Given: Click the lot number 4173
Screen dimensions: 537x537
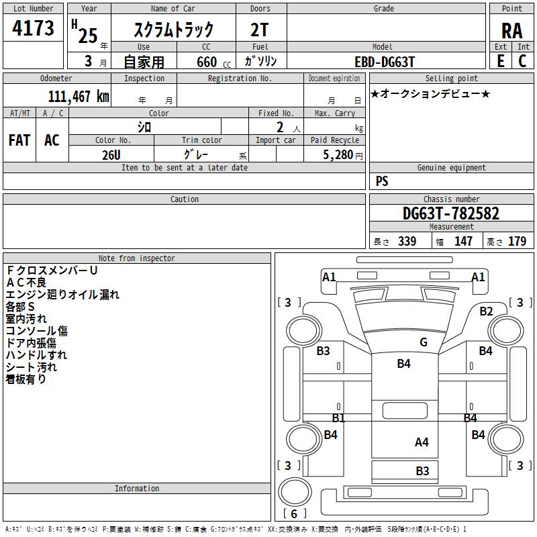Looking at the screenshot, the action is point(33,28).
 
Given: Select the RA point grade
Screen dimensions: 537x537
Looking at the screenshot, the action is point(512,31).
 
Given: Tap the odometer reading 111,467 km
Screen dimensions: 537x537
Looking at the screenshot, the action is point(79,96).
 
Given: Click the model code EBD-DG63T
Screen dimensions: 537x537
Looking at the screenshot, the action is point(385,62).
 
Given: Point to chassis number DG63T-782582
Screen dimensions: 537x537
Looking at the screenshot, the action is point(451,213).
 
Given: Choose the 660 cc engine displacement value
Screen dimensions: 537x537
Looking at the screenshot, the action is point(213,62).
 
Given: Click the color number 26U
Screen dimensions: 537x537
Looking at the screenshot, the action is point(111,155).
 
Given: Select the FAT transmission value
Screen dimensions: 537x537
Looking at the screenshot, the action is point(19,140).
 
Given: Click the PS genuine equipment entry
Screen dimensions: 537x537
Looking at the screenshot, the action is point(382,181).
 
